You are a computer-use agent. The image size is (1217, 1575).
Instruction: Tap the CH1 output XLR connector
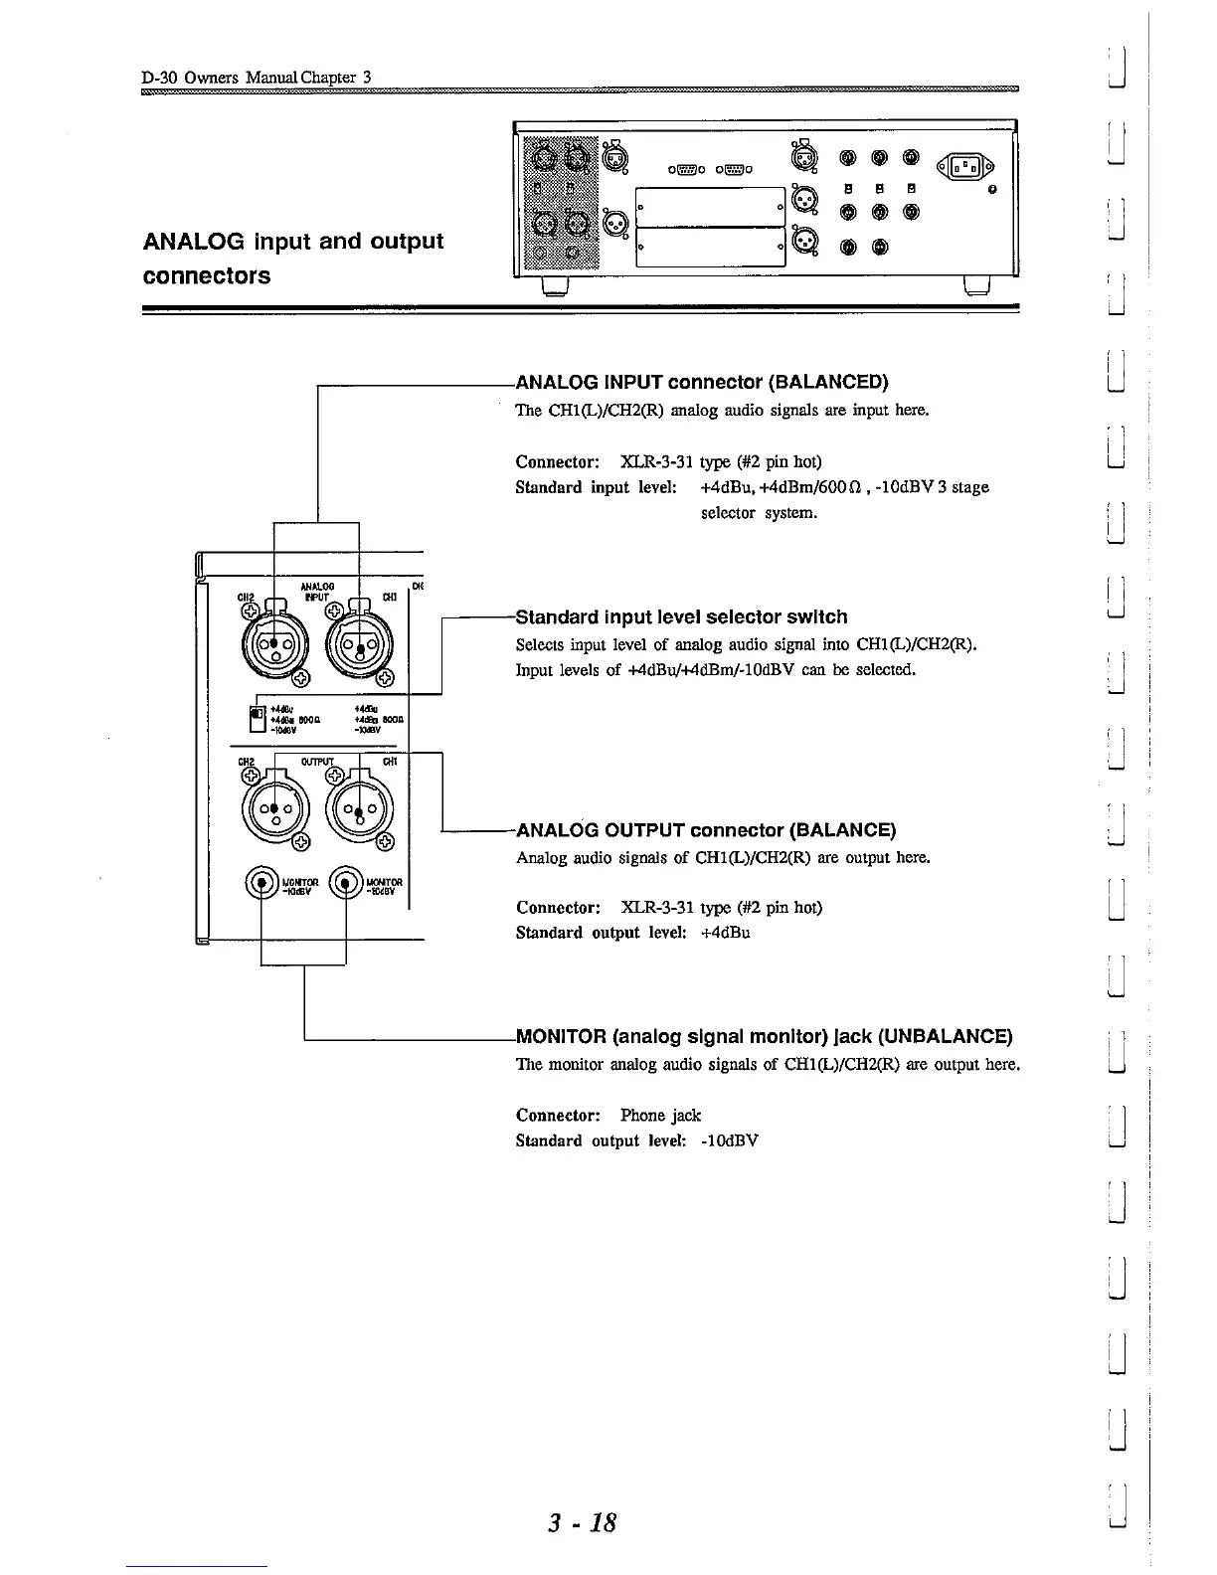[x=358, y=809]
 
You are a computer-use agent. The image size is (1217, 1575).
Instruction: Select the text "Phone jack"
[x=660, y=1115]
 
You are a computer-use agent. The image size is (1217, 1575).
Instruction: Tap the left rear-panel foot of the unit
[x=553, y=286]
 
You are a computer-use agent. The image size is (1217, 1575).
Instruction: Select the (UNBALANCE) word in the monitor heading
[x=945, y=1036]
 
